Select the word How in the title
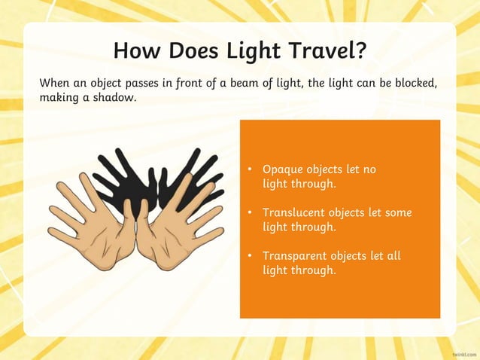[136, 50]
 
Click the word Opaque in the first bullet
[281, 169]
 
